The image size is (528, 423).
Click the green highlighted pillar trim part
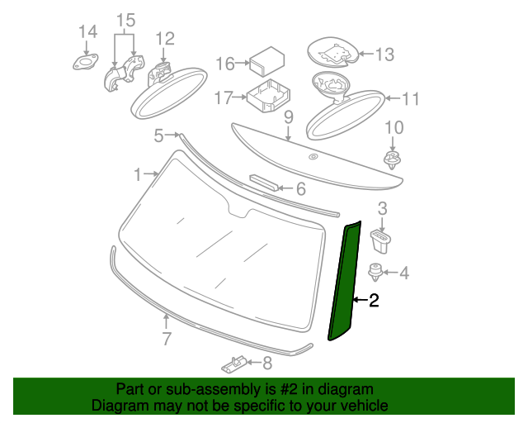pos(345,281)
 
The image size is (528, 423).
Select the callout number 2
pos(374,302)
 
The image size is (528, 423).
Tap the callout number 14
pos(87,32)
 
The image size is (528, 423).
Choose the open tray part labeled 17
pos(269,97)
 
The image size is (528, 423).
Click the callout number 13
pos(384,55)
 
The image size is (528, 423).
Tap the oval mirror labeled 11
pos(343,107)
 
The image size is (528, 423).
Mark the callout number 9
pos(289,117)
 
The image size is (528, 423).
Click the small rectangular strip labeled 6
pos(266,183)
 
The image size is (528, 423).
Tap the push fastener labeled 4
pos(376,270)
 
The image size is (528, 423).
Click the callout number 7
pos(166,338)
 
